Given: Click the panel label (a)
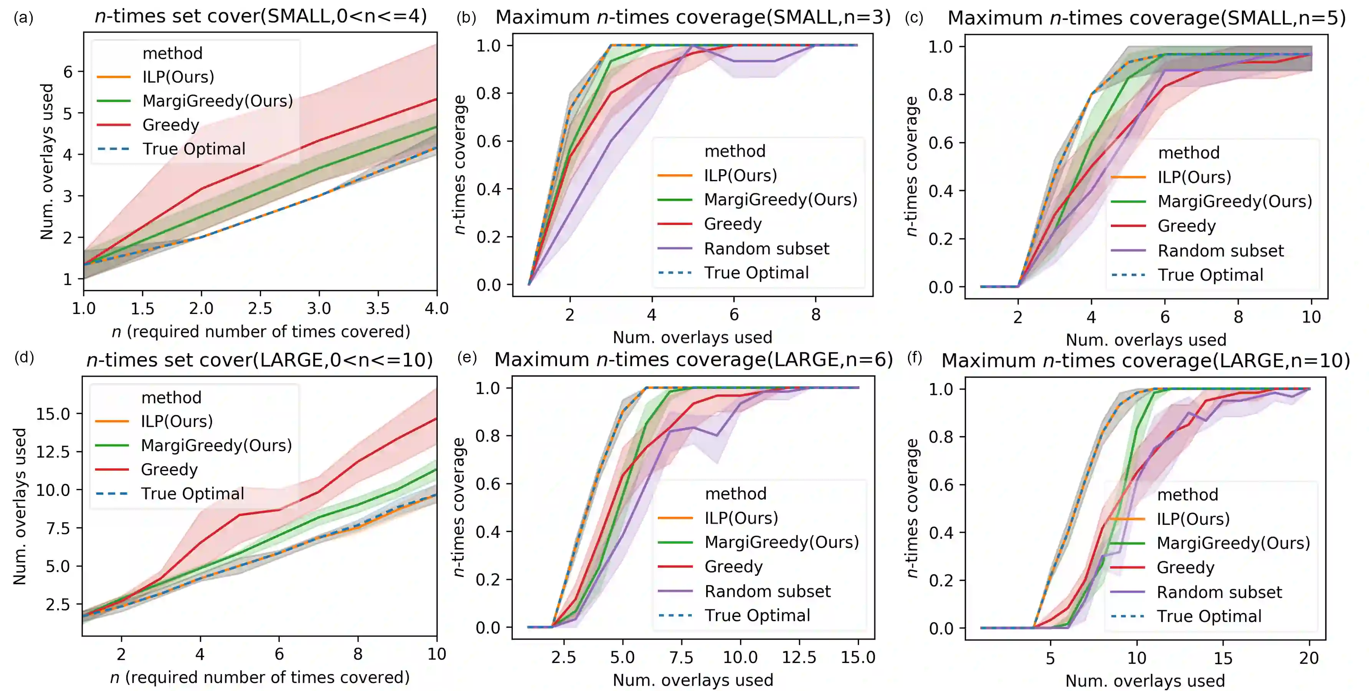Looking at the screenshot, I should pyautogui.click(x=23, y=18).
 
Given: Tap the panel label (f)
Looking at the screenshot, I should pyautogui.click(x=914, y=358).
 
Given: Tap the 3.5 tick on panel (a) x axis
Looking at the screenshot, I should pyautogui.click(x=378, y=309).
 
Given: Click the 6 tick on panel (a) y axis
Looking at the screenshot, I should pyautogui.click(x=68, y=72).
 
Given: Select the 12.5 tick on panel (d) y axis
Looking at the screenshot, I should pyautogui.click(x=53, y=452).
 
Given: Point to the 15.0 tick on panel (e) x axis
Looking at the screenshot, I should pyautogui.click(x=858, y=658).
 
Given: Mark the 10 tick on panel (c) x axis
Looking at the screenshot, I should pyautogui.click(x=1311, y=317).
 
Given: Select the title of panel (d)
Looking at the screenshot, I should pyautogui.click(x=259, y=360).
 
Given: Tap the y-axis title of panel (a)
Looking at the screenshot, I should pyautogui.click(x=47, y=162).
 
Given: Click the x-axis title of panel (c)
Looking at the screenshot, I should pyautogui.click(x=1146, y=340).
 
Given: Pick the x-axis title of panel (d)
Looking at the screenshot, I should pyautogui.click(x=260, y=678).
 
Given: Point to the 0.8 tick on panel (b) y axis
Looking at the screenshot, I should pyautogui.click(x=488, y=94).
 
